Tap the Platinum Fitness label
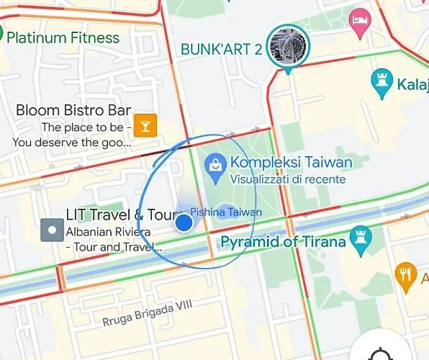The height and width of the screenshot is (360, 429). [63, 37]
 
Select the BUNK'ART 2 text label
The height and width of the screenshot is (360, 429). [221, 50]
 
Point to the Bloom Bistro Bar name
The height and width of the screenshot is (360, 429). [73, 110]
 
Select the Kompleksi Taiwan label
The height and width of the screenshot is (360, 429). [291, 163]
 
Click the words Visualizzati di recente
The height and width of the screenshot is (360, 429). [288, 179]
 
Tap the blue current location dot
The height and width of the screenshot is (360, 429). [184, 222]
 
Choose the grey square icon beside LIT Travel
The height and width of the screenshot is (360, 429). [51, 230]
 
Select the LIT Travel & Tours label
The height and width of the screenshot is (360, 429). [121, 215]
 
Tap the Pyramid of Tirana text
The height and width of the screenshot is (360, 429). [283, 241]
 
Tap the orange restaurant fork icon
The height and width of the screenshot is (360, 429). [405, 274]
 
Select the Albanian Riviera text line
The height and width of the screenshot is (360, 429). [108, 232]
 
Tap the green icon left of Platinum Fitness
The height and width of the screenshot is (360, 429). [1, 33]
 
